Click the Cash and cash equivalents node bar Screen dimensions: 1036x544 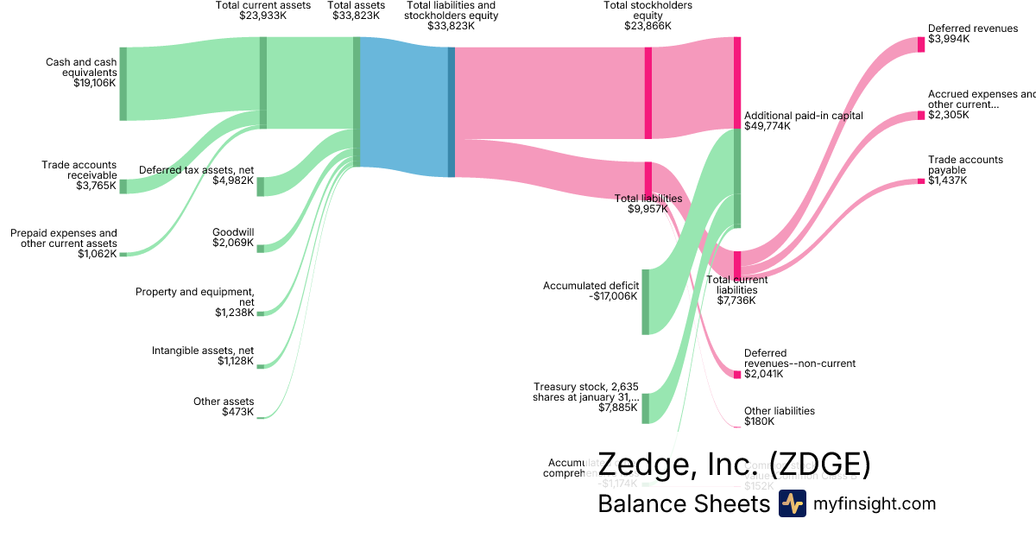[123, 84]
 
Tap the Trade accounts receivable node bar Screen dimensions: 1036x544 [123, 187]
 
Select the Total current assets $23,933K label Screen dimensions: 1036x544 [263, 10]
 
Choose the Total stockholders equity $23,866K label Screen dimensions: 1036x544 [647, 16]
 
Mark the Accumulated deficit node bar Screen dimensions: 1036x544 [645, 301]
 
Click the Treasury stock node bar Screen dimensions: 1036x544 [645, 408]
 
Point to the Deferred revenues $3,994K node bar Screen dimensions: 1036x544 [921, 44]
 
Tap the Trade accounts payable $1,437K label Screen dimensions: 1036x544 [965, 170]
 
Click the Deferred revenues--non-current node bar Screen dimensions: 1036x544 [737, 374]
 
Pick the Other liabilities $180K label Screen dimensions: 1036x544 [779, 416]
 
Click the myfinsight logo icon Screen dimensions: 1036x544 [792, 503]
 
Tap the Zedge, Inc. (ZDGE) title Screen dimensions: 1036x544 [734, 465]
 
